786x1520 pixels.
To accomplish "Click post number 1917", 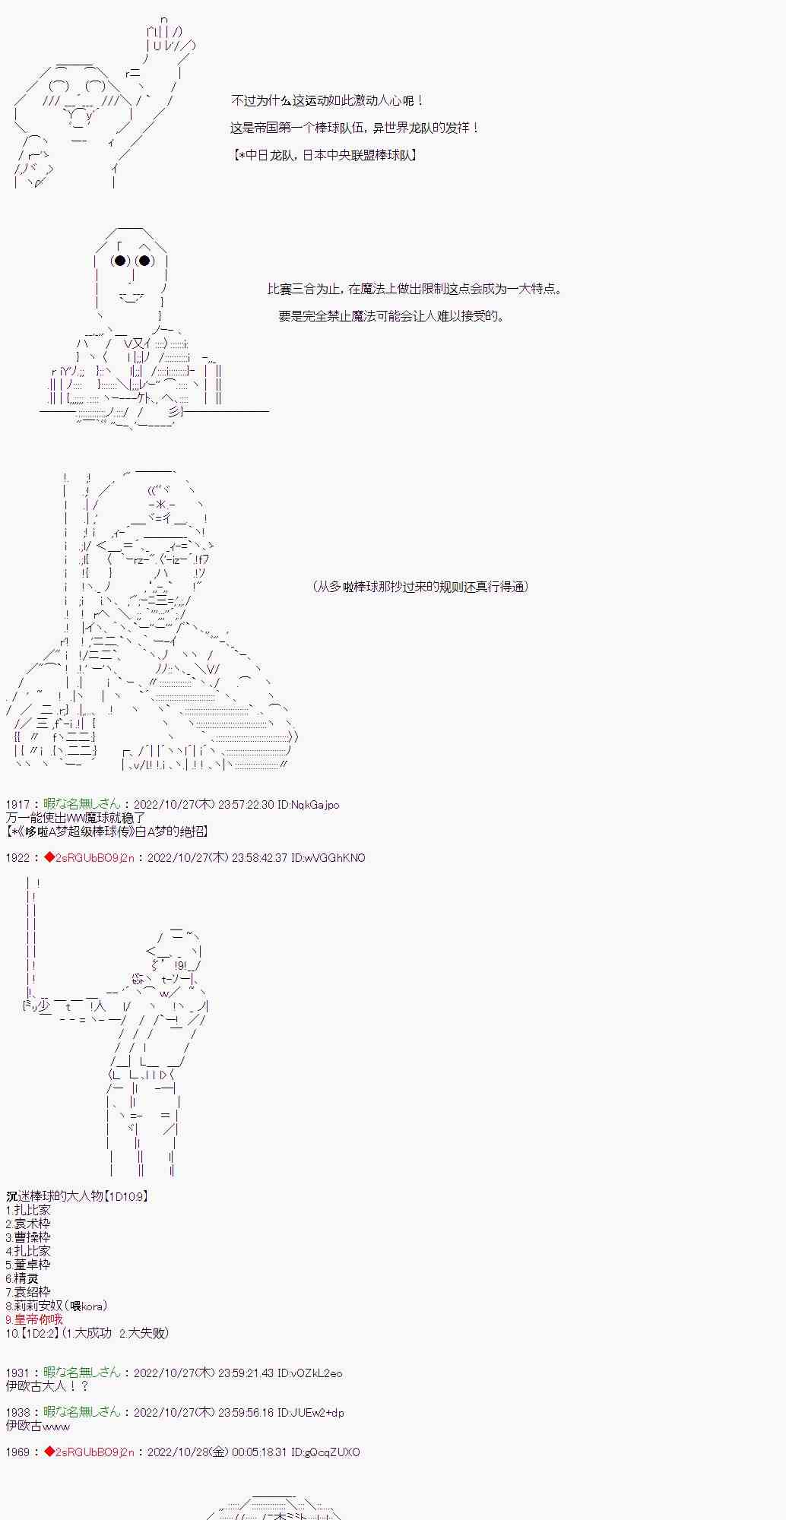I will (x=17, y=804).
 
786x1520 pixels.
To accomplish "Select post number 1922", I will (x=17, y=857).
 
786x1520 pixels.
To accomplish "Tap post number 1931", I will (x=17, y=1373).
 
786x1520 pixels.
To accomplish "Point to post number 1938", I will (x=17, y=1412).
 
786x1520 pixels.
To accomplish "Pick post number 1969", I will (x=17, y=1452).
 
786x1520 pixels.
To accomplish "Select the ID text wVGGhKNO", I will (x=334, y=857).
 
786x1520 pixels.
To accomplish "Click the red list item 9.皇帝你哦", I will (x=34, y=1319).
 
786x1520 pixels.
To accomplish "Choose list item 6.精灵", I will (x=22, y=1278).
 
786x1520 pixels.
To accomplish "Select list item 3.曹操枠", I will (x=28, y=1237).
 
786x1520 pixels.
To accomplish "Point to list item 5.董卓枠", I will (x=28, y=1265).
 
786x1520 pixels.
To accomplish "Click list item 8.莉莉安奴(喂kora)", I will (x=56, y=1306).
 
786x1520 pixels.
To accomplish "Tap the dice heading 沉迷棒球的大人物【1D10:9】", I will (x=77, y=1196).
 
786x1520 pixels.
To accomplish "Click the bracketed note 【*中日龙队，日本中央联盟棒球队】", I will (x=325, y=155).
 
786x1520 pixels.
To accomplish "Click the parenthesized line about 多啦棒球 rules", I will (x=420, y=586).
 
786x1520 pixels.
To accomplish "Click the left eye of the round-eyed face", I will (x=120, y=261).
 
